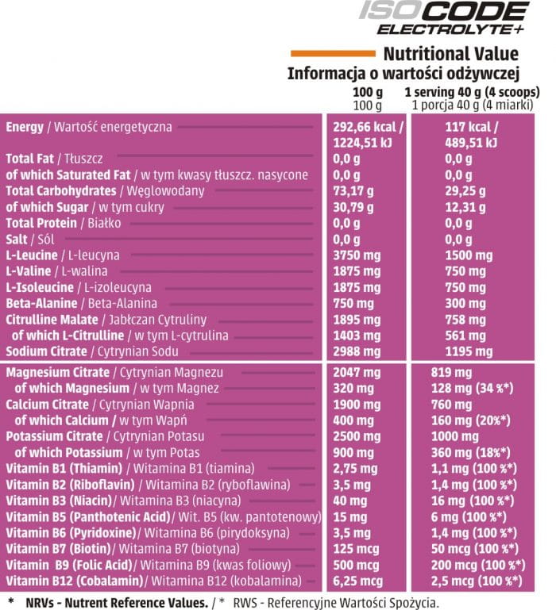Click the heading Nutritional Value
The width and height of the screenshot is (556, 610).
click(450, 55)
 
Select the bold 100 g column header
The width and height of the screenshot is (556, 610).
click(367, 92)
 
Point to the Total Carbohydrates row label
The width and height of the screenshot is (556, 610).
click(60, 190)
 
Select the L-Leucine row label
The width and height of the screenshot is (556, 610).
click(32, 255)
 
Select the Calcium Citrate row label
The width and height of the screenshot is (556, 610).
click(44, 405)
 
